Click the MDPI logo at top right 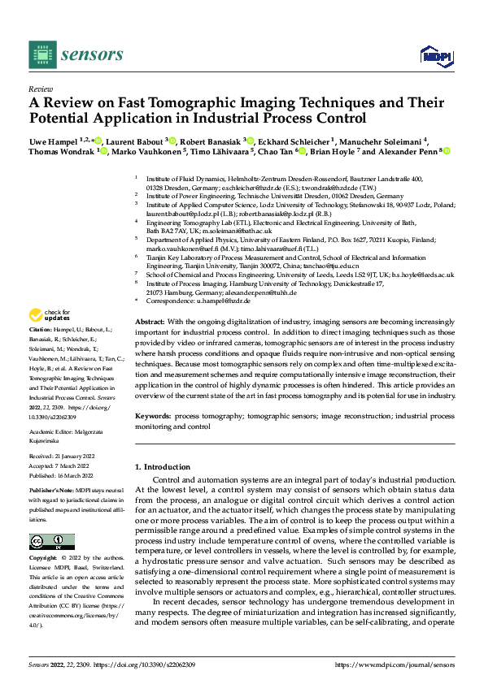434,54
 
